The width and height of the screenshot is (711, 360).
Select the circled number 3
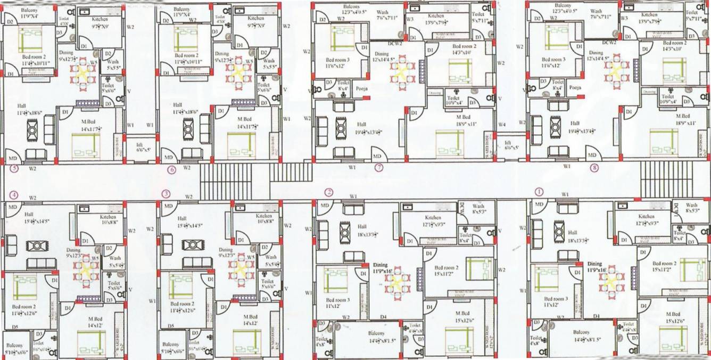pos(167,193)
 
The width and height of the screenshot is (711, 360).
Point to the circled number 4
pos(14,194)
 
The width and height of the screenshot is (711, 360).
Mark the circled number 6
pos(171,170)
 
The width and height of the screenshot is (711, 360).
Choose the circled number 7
pos(379,168)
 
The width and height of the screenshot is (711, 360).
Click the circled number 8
pos(594,168)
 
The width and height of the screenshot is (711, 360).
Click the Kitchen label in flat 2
pos(433,217)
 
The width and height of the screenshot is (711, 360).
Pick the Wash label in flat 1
pos(691,205)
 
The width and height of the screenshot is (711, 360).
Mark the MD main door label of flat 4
pos(12,206)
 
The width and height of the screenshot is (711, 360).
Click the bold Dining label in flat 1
pos(594,264)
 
